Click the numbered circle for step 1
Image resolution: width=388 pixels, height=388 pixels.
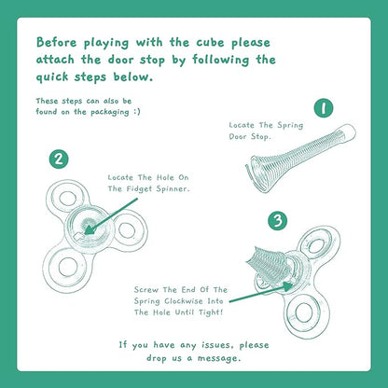pyautogui.click(x=324, y=108)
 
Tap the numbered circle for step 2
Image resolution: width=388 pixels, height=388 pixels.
pyautogui.click(x=59, y=159)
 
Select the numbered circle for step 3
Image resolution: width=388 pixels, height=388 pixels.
pyautogui.click(x=277, y=220)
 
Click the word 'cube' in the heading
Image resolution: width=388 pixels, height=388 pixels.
pyautogui.click(x=210, y=42)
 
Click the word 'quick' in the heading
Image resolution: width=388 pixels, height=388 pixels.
pyautogui.click(x=52, y=77)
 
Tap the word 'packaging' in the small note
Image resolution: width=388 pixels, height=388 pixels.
pyautogui.click(x=110, y=112)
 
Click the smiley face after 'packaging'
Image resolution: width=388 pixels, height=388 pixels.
pyautogui.click(x=137, y=112)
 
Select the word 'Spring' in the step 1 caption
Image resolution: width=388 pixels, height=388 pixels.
pyautogui.click(x=290, y=126)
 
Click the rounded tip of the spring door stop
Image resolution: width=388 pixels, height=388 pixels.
pyautogui.click(x=349, y=132)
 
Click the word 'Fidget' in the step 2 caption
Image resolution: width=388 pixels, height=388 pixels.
pyautogui.click(x=139, y=188)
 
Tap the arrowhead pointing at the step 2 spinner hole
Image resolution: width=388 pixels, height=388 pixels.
pyautogui.click(x=90, y=229)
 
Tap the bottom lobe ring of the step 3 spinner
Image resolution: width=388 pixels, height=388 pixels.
pyautogui.click(x=304, y=312)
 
